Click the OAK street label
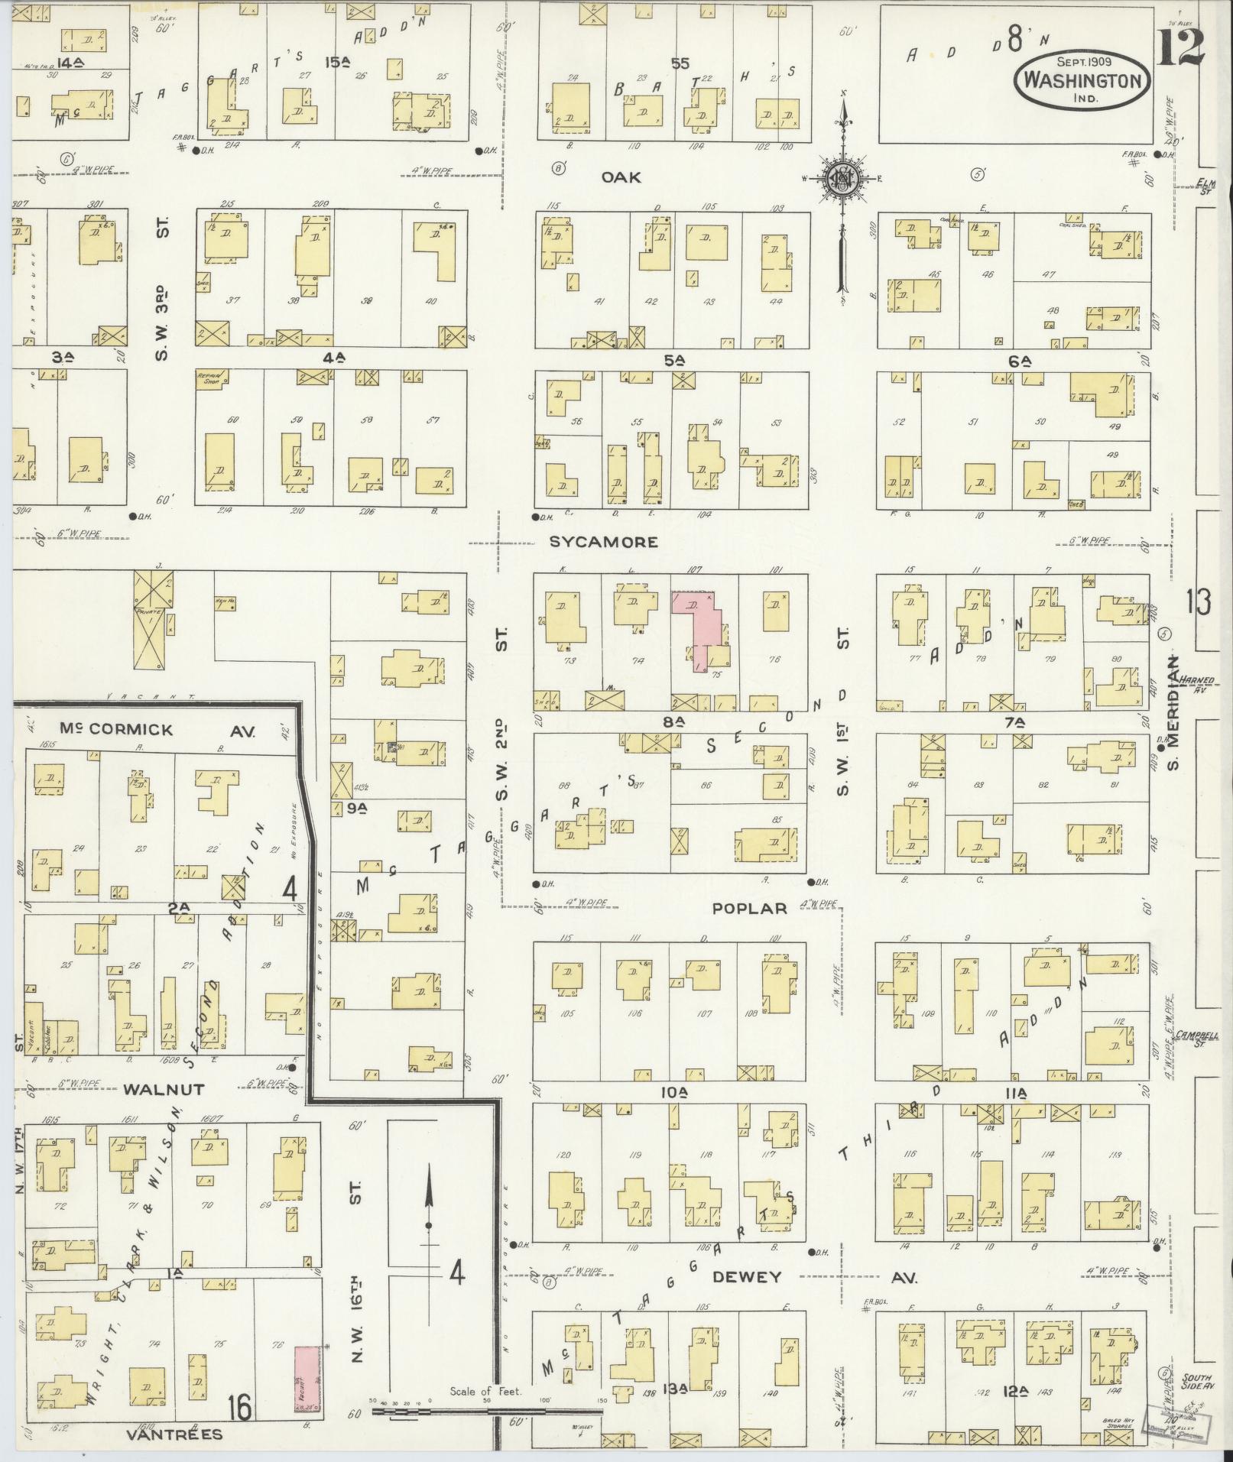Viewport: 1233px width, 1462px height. (x=621, y=177)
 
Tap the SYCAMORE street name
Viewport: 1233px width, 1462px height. (x=603, y=542)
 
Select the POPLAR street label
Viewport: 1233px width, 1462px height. (x=749, y=908)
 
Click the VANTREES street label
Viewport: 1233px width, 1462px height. (x=175, y=1434)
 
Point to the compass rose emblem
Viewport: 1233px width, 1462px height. (x=843, y=180)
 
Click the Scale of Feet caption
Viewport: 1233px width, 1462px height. (x=485, y=1392)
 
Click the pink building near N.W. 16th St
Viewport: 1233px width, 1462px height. (x=307, y=1379)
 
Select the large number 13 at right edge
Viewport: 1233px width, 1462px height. (x=1197, y=603)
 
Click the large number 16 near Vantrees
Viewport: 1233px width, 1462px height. (x=240, y=1407)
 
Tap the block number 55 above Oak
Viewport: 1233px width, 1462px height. (x=680, y=64)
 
